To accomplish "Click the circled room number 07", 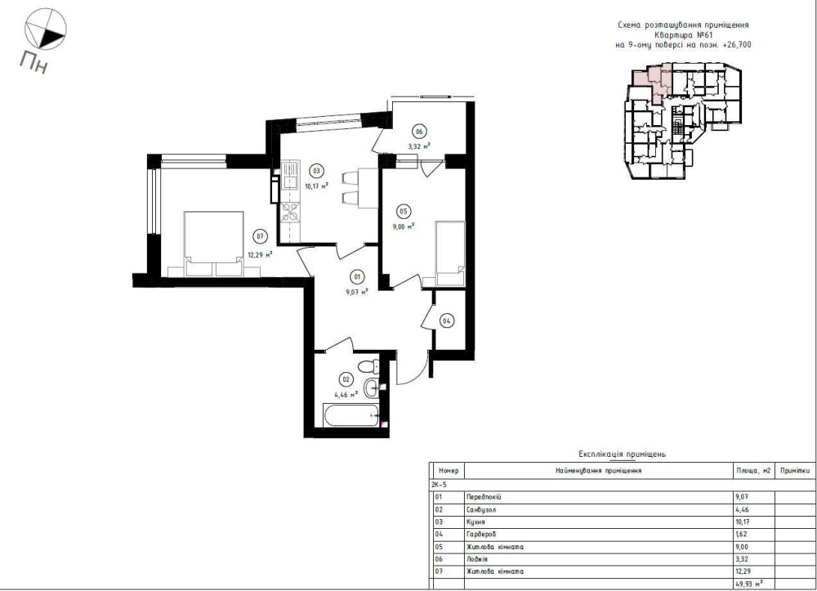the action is [x=260, y=236].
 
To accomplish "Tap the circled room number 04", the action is [x=447, y=321].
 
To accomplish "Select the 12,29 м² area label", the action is [x=260, y=255].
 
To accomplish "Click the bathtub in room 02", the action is [x=350, y=415].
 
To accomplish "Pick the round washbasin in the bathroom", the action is [x=372, y=387].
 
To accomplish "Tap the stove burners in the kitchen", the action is [x=290, y=212].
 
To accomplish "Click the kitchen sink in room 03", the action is [x=290, y=175].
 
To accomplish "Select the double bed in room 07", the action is [x=214, y=243].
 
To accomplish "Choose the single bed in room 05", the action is [x=450, y=253].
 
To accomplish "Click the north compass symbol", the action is [x=45, y=29].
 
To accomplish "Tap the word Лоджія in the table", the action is [x=477, y=559].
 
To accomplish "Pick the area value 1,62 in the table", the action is [x=742, y=535].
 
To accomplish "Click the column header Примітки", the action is [x=795, y=471].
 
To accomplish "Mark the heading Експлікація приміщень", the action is [x=622, y=454].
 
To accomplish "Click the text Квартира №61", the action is [x=683, y=35].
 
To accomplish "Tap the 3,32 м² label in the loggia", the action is [x=419, y=146].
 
